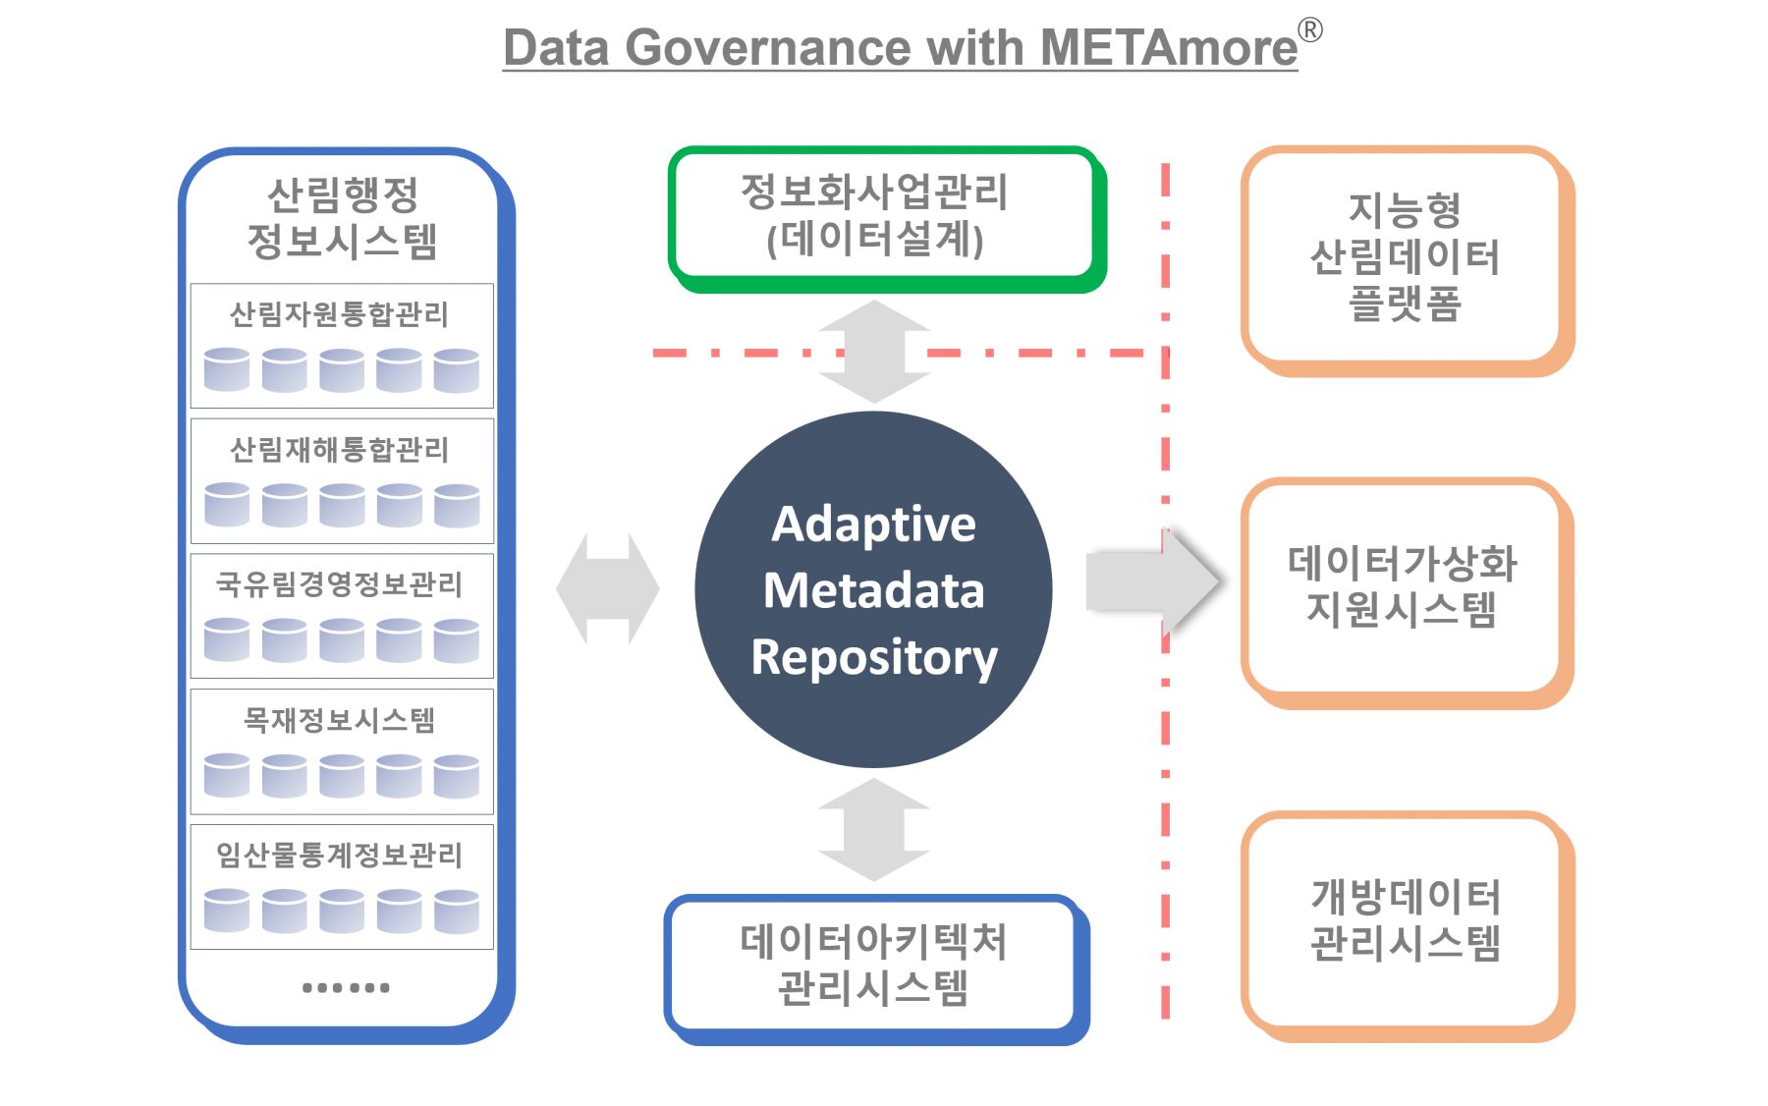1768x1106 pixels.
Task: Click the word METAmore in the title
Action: coord(1169,47)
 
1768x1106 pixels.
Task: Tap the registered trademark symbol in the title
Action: coord(1311,30)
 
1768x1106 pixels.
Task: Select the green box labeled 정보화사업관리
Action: coord(874,216)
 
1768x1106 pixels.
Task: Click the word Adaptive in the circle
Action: coord(873,524)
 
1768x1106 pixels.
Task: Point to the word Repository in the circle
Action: coord(873,657)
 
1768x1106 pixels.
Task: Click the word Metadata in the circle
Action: coord(873,590)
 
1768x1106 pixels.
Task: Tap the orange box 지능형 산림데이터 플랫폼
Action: coord(1405,257)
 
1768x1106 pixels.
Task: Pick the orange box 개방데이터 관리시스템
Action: coord(1405,921)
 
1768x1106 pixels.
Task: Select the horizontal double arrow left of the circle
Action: coord(607,589)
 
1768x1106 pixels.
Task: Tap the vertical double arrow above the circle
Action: coord(873,352)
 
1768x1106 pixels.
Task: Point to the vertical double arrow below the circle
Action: coord(873,830)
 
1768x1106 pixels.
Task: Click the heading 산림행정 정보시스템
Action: coord(342,218)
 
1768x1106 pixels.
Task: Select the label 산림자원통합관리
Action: coord(339,314)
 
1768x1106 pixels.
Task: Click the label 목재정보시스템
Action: coord(339,720)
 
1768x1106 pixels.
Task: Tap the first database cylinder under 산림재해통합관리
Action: coord(227,505)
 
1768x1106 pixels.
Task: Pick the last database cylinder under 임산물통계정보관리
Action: coord(457,911)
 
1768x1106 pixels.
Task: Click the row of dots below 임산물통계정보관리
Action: coord(346,987)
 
